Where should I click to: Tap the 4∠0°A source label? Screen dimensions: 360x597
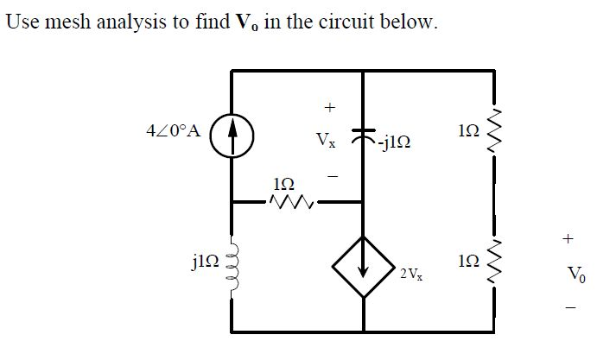point(175,132)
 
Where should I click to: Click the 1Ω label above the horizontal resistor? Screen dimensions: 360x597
point(284,183)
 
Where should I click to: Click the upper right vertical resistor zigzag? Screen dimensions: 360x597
point(494,131)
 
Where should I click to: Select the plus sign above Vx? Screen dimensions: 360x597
point(328,108)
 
